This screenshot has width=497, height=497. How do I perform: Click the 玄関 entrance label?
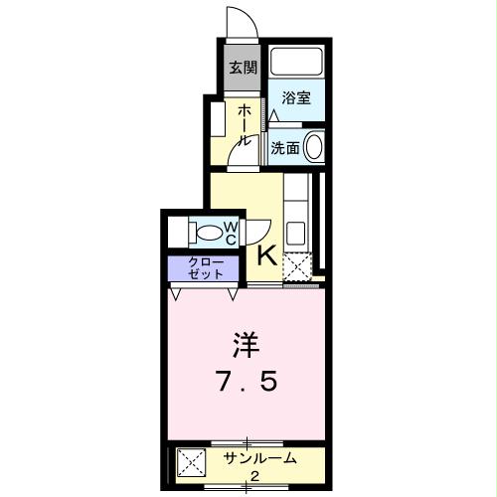(x=242, y=68)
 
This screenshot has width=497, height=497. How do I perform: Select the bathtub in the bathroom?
(x=296, y=67)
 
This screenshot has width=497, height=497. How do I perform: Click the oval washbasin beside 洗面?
(x=313, y=147)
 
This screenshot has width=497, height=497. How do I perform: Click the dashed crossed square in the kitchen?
(x=297, y=266)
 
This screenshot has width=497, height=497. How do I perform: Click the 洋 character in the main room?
(x=245, y=346)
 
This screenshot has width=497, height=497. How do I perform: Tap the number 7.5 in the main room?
(x=245, y=383)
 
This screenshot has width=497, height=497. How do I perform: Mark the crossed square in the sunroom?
(x=191, y=464)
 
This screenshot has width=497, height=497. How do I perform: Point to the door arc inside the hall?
(x=239, y=147)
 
